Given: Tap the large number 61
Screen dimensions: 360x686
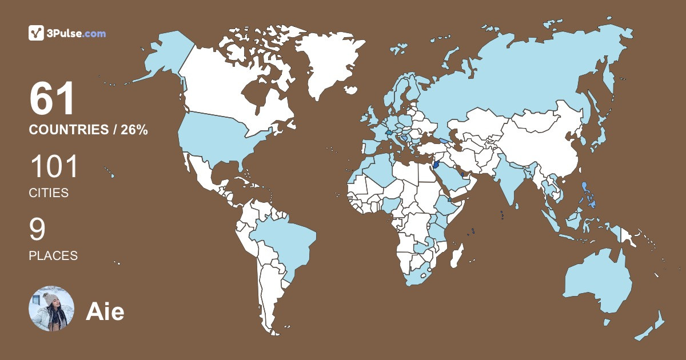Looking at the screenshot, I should click(52, 99).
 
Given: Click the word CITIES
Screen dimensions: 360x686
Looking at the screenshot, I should click(49, 193).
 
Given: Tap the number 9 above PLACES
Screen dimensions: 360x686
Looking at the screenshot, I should click(37, 230).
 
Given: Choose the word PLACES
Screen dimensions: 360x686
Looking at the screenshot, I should click(53, 255).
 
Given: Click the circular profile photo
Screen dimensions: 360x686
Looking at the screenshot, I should click(51, 309).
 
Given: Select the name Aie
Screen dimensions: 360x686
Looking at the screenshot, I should click(105, 312).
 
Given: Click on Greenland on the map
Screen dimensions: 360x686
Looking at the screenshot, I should click(323, 63).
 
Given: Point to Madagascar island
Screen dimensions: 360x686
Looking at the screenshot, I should click(456, 255).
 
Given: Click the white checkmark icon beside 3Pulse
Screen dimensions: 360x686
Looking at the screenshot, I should click(37, 33).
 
